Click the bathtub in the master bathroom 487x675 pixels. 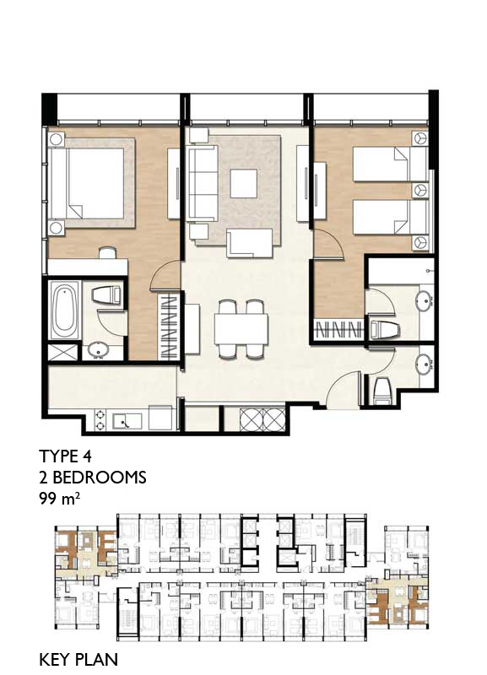click(x=65, y=310)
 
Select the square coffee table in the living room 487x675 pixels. click(x=243, y=183)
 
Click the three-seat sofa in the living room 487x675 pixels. click(x=203, y=183)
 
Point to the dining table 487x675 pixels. click(x=241, y=329)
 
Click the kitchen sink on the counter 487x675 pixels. click(x=127, y=421)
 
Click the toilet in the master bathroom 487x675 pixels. click(x=106, y=295)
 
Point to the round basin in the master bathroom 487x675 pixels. click(x=99, y=350)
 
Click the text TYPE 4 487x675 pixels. click(x=66, y=456)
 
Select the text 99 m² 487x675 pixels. click(x=59, y=499)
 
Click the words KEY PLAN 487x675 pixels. click(x=78, y=660)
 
